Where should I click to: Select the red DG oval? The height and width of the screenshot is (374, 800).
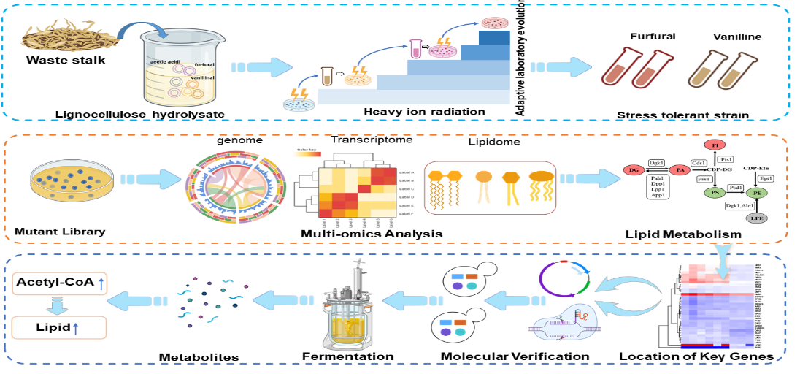click(x=634, y=169)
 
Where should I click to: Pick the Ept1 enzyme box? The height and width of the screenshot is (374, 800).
click(x=766, y=178)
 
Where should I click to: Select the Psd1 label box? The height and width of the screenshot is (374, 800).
click(x=736, y=188)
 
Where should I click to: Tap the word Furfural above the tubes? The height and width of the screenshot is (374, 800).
click(x=653, y=36)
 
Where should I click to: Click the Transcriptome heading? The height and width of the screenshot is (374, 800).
click(x=372, y=140)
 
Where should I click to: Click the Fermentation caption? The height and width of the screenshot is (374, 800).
click(x=348, y=356)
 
